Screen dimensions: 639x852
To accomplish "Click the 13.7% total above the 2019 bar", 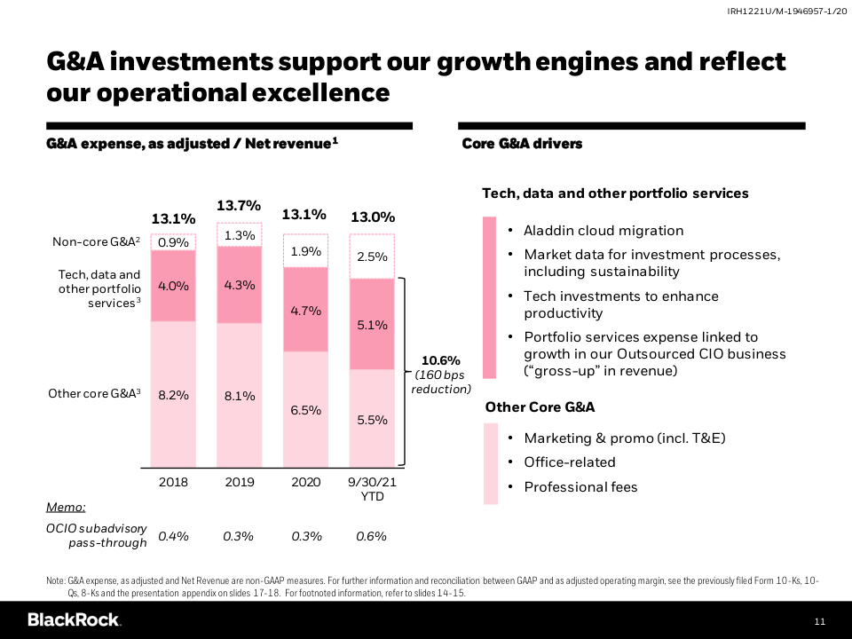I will tap(239, 206).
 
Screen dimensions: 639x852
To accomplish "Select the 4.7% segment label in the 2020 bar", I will tap(305, 311).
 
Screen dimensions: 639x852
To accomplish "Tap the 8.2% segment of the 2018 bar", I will tap(173, 395).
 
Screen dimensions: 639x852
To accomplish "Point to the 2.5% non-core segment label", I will tap(372, 257).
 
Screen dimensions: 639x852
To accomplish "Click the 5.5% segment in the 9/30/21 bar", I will tap(372, 420).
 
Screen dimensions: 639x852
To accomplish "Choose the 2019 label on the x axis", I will tap(239, 482).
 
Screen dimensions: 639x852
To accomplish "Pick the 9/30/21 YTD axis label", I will tap(373, 489).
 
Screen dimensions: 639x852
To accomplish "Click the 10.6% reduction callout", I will tap(440, 374).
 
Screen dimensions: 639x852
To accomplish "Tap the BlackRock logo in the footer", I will tap(74, 619).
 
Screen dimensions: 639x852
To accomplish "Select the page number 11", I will tap(819, 620).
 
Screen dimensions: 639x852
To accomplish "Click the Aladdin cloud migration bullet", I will tap(603, 231).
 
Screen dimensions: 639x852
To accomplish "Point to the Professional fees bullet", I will tap(580, 487).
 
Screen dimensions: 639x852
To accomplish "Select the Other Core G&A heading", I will tap(540, 407).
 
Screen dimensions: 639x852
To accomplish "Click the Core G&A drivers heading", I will tap(522, 144).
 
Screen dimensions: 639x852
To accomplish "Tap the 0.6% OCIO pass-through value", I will tap(372, 536).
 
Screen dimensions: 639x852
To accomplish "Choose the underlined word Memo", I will tap(66, 507).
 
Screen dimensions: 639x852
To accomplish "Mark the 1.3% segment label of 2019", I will tap(240, 235).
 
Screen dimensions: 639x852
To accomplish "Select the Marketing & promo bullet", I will tap(626, 438).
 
